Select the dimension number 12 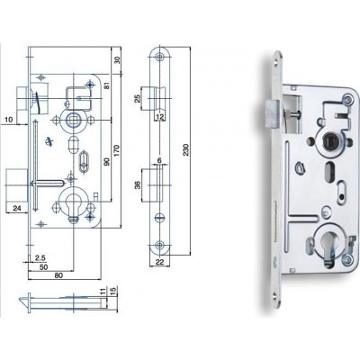159,116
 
